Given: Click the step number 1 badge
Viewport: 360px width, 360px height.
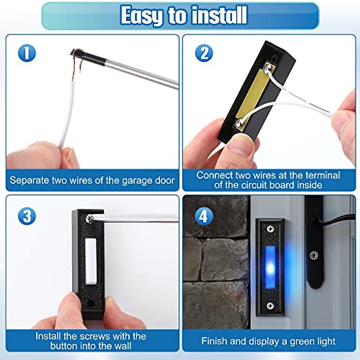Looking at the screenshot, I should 27,53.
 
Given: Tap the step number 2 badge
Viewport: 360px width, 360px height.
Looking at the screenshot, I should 204,53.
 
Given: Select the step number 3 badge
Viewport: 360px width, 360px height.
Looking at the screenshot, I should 27,216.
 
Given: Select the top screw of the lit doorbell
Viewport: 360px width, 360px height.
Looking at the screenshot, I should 270,229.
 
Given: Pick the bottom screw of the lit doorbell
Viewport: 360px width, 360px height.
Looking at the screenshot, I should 270,306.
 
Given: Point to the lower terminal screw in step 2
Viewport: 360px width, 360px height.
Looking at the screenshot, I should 239,122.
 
